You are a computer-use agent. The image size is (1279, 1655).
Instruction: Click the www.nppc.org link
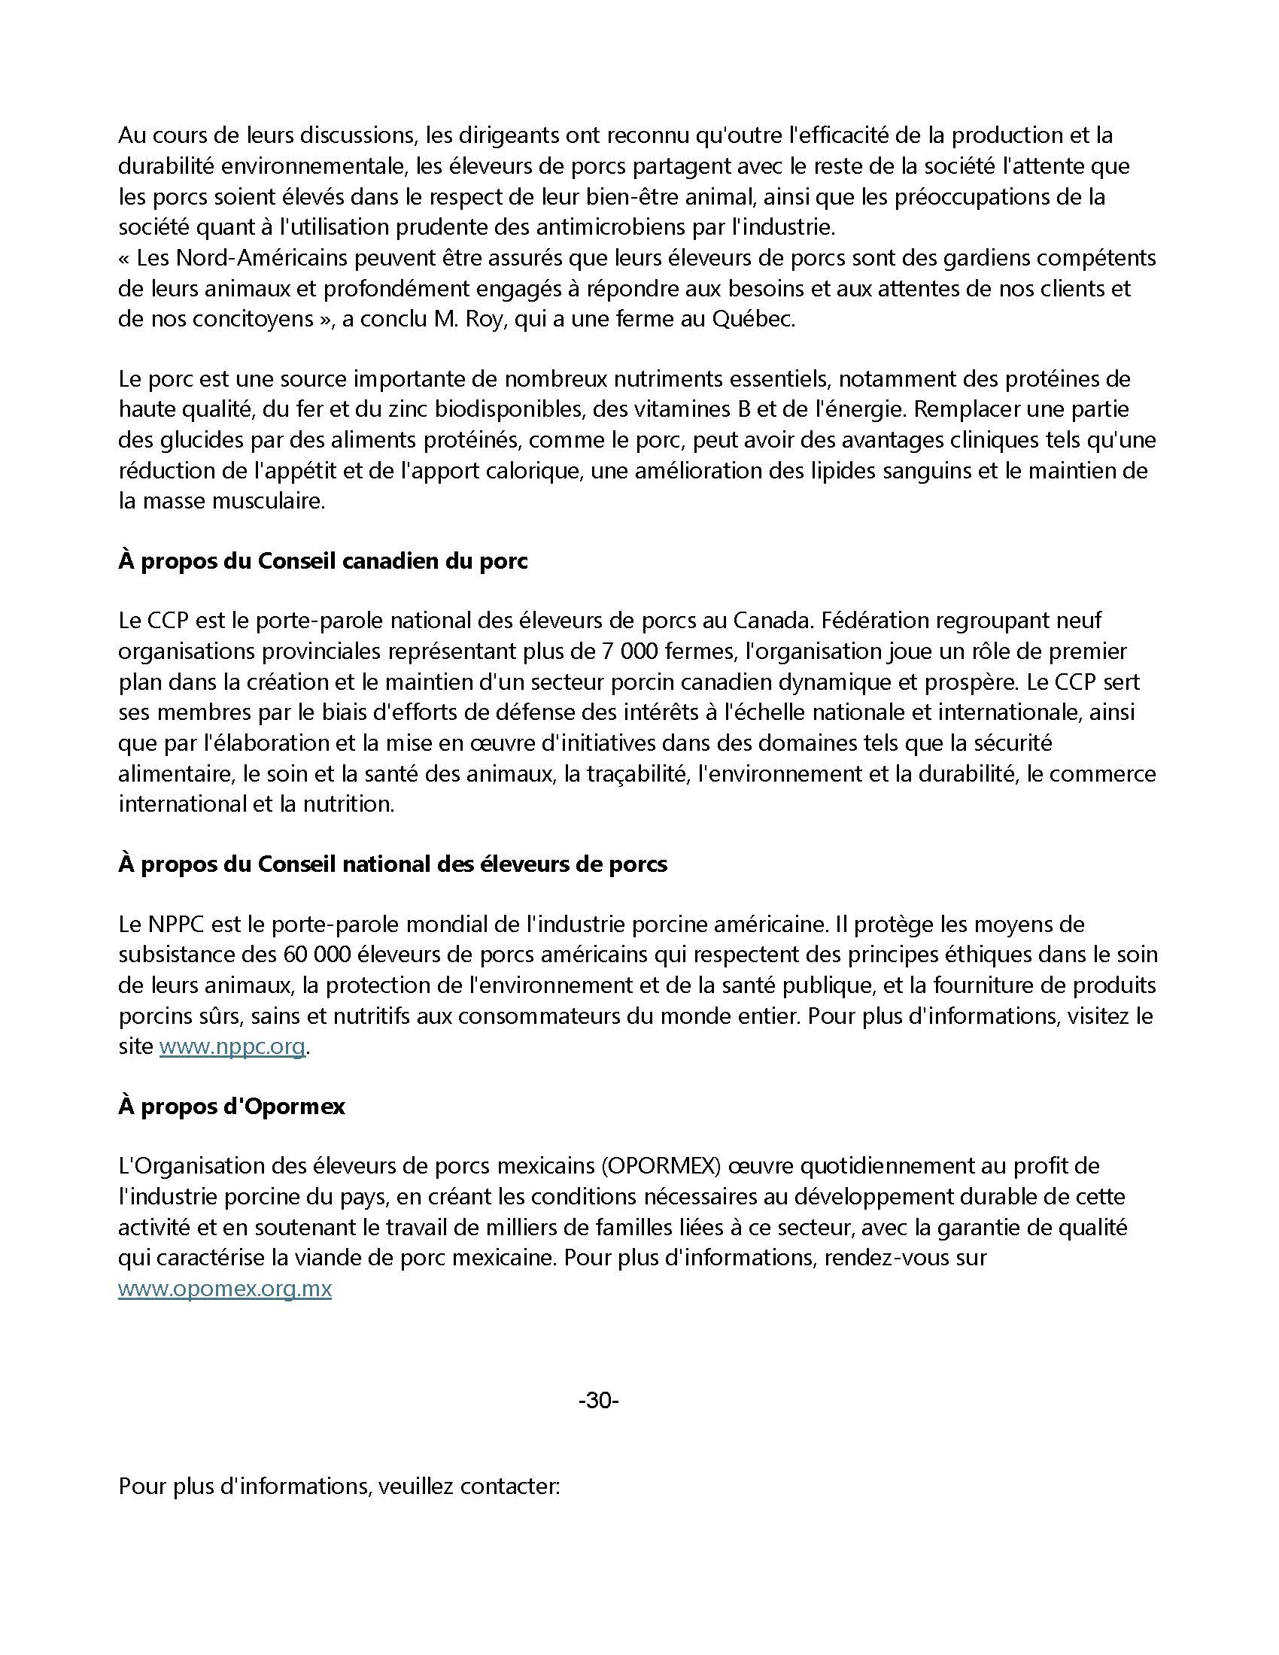click(x=231, y=1046)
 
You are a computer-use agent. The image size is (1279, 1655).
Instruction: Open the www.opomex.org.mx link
click(x=224, y=1288)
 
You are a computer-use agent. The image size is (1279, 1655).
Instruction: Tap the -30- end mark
click(x=599, y=1401)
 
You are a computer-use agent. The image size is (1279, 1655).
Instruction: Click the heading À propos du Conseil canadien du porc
click(x=323, y=561)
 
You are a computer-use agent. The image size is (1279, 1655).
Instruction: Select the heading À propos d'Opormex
click(x=231, y=1107)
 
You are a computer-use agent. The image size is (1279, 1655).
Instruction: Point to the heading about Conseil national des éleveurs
click(x=393, y=864)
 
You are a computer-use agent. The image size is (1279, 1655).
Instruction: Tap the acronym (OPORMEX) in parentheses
click(x=661, y=1166)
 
